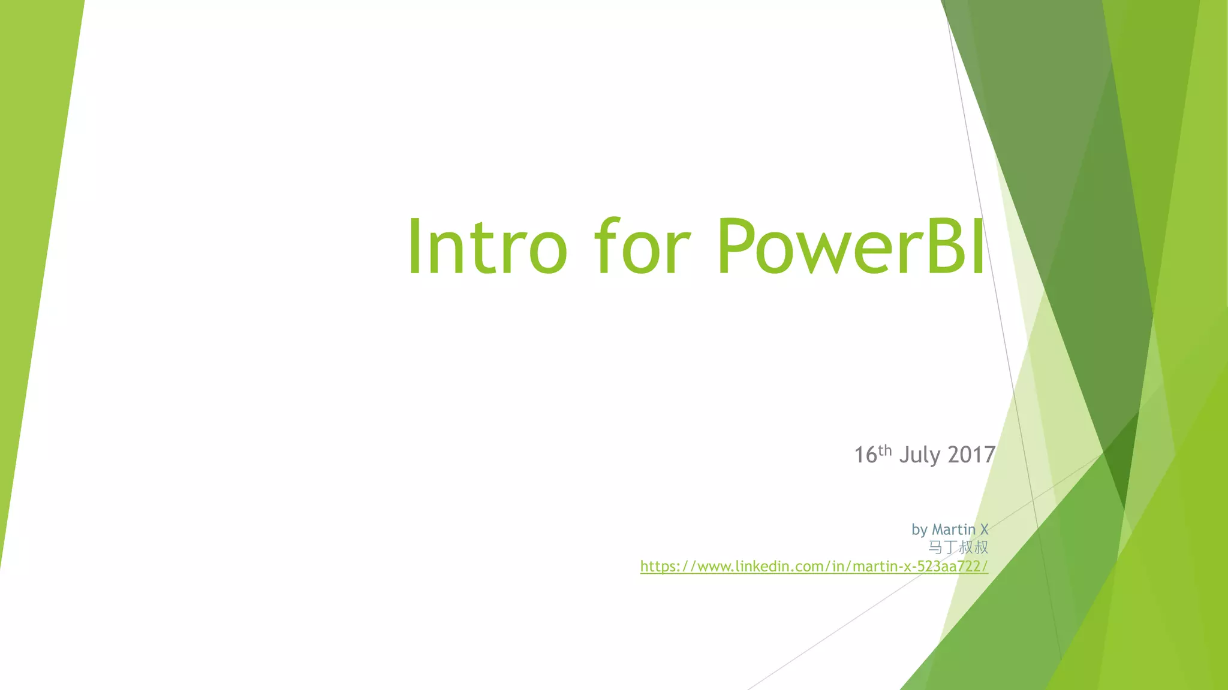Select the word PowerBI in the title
(x=850, y=247)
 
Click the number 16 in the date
(x=865, y=455)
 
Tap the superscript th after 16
(x=885, y=450)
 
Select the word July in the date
(x=920, y=455)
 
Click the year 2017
(x=971, y=455)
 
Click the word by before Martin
(x=919, y=530)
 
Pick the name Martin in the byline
(x=953, y=529)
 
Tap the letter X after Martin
(x=984, y=529)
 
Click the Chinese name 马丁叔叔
(x=958, y=547)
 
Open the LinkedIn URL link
(x=814, y=566)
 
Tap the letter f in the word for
(x=607, y=247)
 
